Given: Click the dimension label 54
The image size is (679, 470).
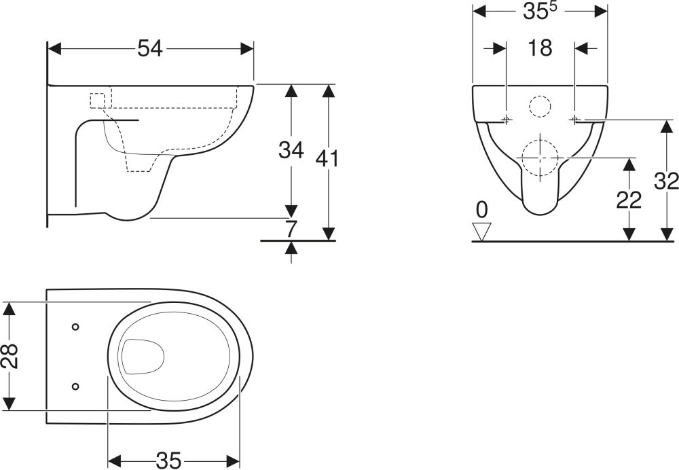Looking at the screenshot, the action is point(150,48).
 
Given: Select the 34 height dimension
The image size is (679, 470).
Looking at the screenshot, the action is point(291,150).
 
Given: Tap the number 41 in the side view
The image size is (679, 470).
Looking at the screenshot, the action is point(327,159).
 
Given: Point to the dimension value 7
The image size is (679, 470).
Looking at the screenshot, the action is point(291,229).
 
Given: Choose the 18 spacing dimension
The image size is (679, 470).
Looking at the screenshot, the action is point(540,48).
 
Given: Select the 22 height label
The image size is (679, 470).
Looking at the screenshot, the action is point(629,200).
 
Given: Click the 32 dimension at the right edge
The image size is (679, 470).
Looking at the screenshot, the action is point(667,181).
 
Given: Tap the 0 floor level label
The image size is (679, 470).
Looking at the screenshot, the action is point(481,210).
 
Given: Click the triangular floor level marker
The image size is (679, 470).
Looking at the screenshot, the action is point(481,232).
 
